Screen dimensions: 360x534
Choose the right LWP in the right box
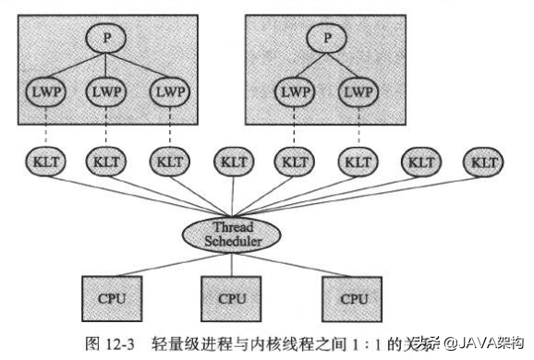click(357, 92)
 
